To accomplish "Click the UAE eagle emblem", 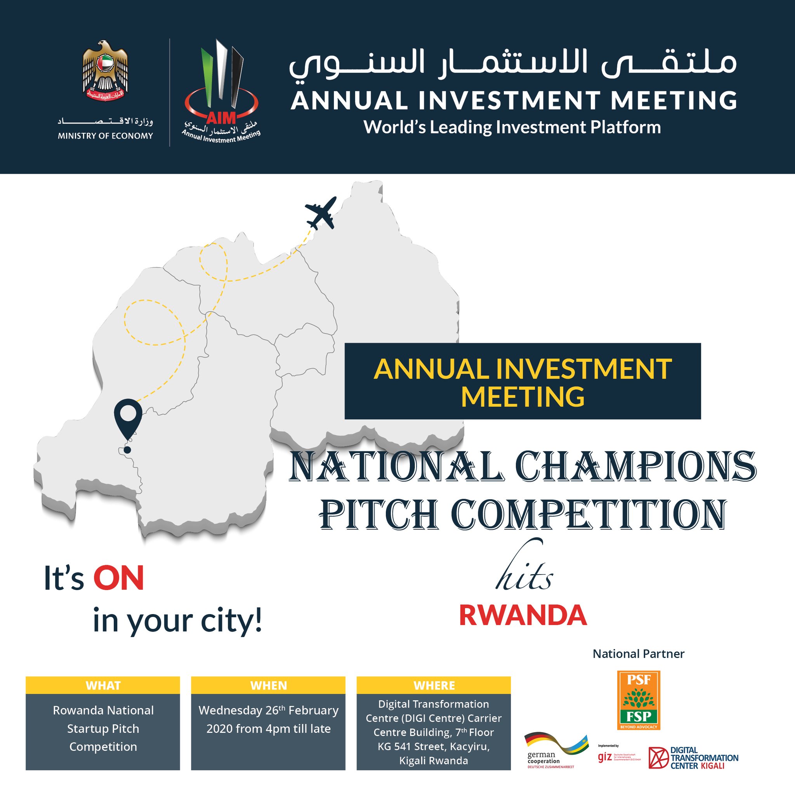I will coord(105,71).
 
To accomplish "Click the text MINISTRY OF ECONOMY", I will coord(105,136).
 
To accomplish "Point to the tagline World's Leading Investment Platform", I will coord(512,127).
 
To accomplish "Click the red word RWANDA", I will coord(522,616).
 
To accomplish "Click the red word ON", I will coord(118,578).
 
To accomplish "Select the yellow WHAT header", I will coord(103,686).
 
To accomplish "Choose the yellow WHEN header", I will coord(268,686).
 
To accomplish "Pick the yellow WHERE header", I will coord(434,686).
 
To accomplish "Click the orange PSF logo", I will coord(638,700).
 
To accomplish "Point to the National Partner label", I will coord(638,654).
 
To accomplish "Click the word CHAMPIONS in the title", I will coord(635,467).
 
